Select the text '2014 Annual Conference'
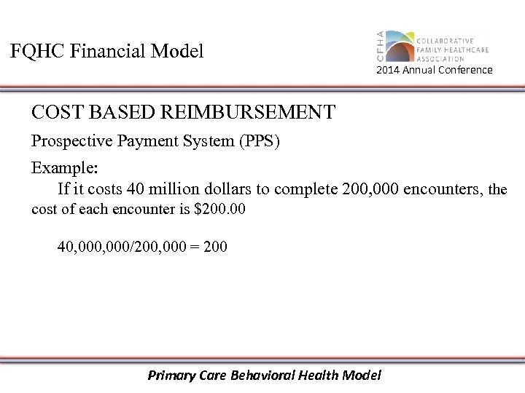(x=435, y=71)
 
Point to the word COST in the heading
(x=55, y=113)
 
